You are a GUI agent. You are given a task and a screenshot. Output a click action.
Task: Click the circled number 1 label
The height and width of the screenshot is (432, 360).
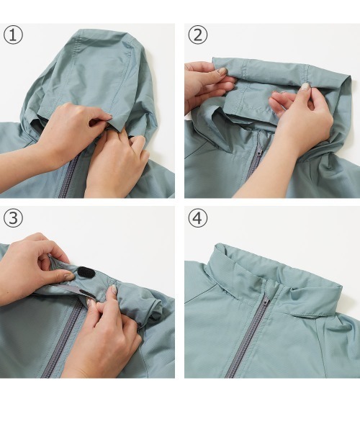click(x=13, y=35)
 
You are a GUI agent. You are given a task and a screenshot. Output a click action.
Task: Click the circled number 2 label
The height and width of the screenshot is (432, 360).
click(x=198, y=35)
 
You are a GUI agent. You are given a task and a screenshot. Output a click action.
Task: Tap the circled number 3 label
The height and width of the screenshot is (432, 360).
click(x=13, y=218)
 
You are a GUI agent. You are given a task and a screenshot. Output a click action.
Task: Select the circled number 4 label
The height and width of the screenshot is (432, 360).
click(x=198, y=218)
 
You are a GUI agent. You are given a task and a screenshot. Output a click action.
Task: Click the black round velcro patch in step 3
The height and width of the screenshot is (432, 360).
click(x=86, y=272)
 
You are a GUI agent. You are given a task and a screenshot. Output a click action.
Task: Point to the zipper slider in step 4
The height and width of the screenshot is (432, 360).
click(x=266, y=302)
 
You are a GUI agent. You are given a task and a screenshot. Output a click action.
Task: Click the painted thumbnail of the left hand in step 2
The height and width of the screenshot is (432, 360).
click(x=222, y=71)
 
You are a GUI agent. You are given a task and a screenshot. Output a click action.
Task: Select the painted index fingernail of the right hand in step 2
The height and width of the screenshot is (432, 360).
click(x=306, y=86)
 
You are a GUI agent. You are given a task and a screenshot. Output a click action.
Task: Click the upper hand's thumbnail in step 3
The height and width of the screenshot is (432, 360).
click(x=68, y=276)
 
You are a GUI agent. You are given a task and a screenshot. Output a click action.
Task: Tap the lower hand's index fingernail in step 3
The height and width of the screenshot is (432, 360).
click(x=114, y=289)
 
